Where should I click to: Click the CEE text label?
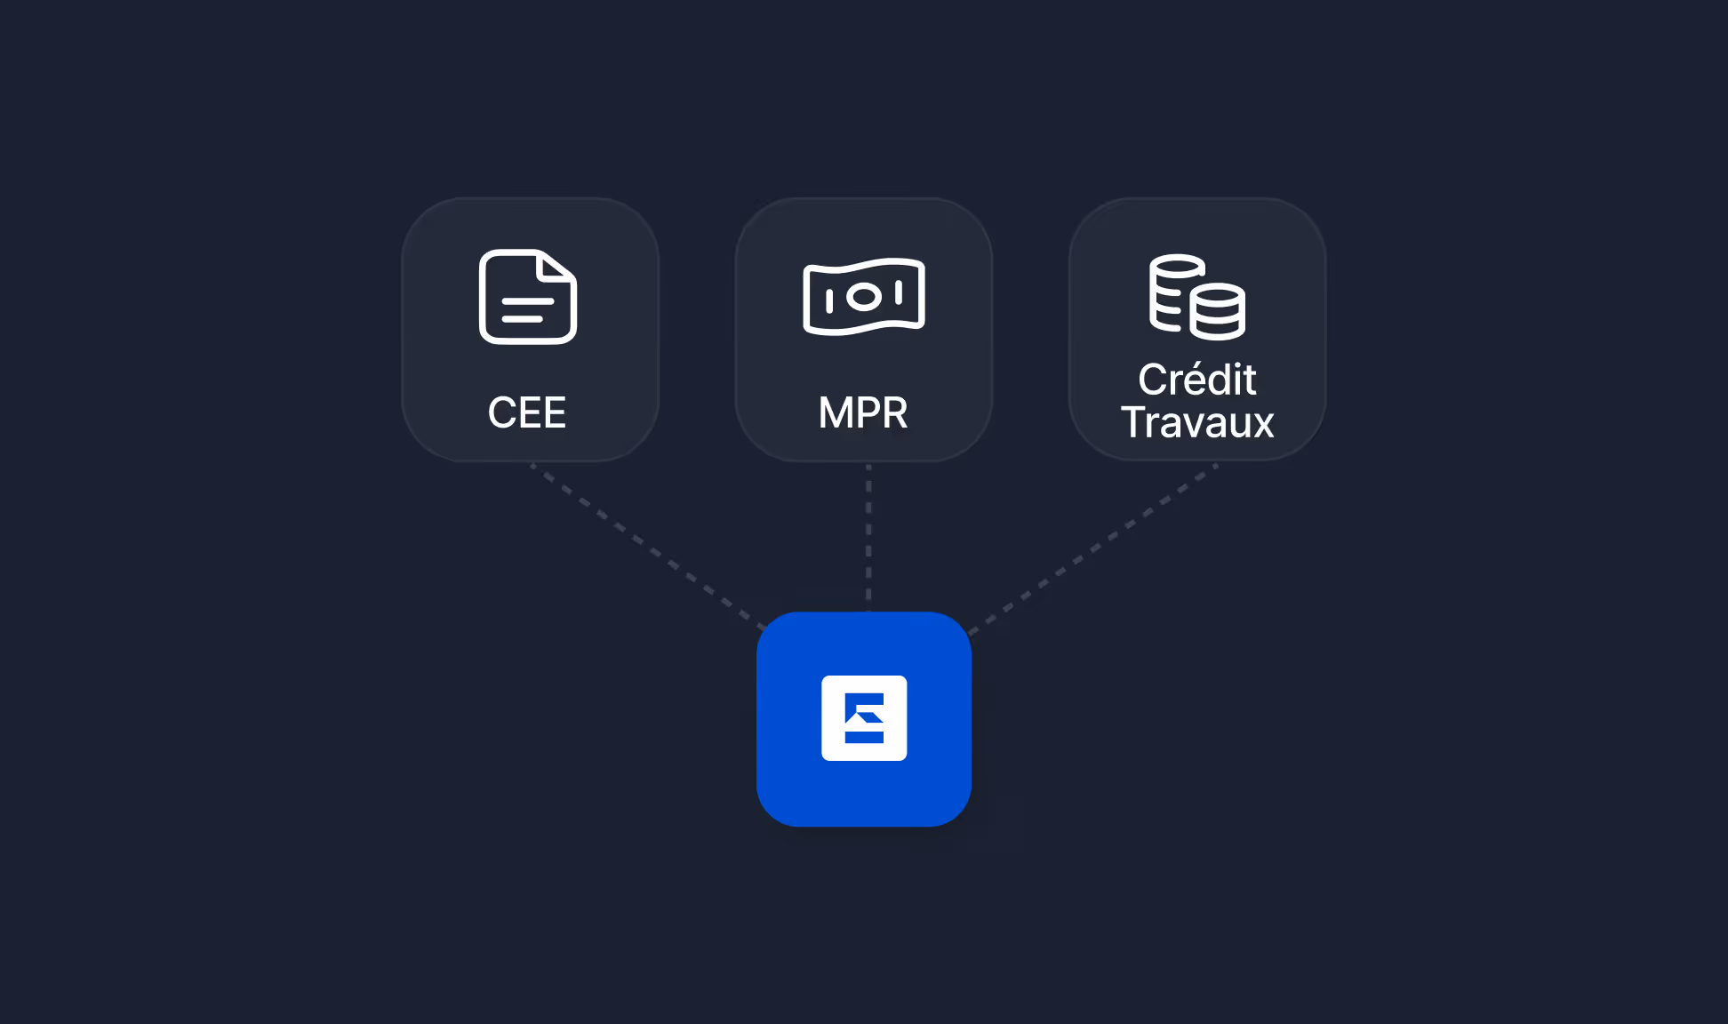[x=527, y=412]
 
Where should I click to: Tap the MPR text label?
[x=863, y=412]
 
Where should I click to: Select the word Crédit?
[x=1196, y=380]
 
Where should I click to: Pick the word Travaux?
[x=1197, y=422]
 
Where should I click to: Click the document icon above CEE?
[x=528, y=297]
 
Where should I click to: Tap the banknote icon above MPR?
[x=864, y=297]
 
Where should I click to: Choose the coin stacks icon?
[x=1196, y=297]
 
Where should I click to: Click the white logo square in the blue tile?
[x=864, y=718]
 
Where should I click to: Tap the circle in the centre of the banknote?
[x=864, y=297]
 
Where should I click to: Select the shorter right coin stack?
[x=1218, y=313]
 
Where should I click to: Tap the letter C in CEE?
[x=500, y=412]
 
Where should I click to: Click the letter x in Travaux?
[x=1263, y=424]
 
